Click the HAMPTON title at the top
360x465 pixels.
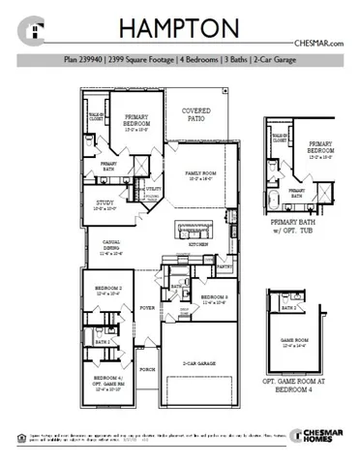click(x=180, y=29)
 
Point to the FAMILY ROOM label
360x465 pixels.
click(x=199, y=174)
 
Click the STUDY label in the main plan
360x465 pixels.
click(x=105, y=204)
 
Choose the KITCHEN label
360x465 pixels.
click(x=198, y=245)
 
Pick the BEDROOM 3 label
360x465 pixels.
click(x=213, y=298)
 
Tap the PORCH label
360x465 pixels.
click(x=148, y=369)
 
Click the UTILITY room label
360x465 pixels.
click(x=153, y=189)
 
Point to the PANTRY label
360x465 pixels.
click(x=225, y=263)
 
